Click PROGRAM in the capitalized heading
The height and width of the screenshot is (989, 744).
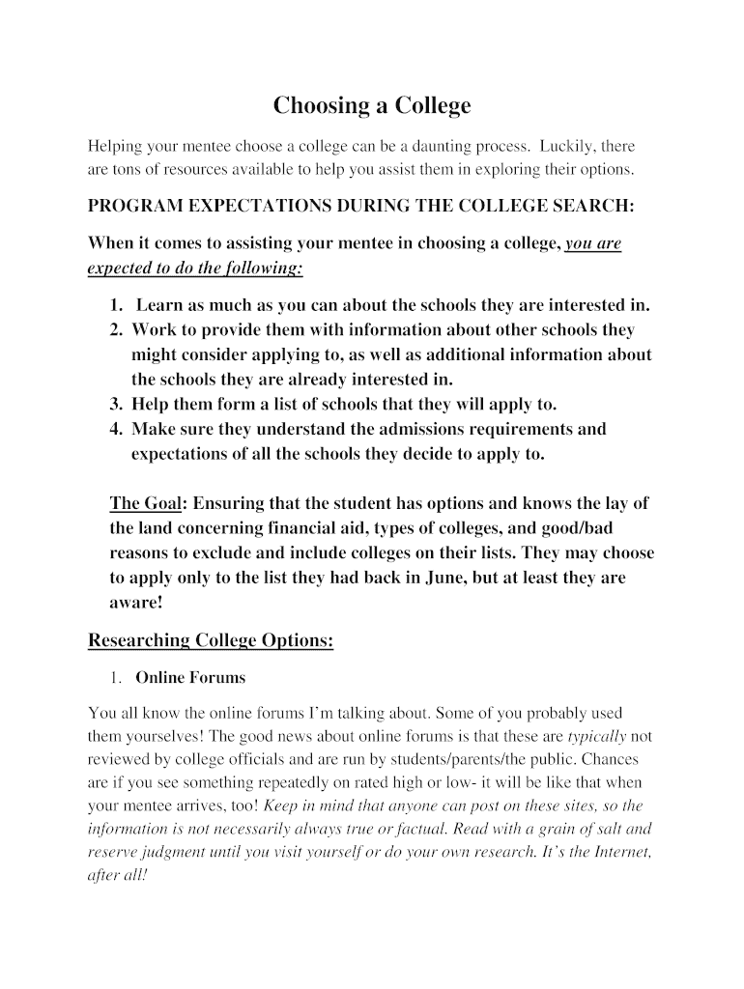(x=136, y=207)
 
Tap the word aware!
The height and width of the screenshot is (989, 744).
(x=136, y=603)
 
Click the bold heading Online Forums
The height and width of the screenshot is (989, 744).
(x=190, y=678)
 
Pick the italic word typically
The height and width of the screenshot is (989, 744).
(x=597, y=737)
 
